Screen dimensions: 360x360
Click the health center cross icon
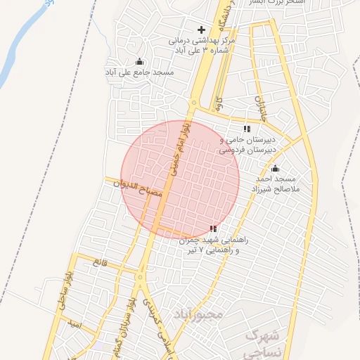pos(202,30)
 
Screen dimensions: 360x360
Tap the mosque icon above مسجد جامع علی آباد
pos(139,61)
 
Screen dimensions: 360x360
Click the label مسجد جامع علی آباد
pos(139,72)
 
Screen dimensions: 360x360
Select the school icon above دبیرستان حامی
pos(246,129)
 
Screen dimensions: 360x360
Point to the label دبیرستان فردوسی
pos(246,150)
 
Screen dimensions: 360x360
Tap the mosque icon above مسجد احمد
pos(275,169)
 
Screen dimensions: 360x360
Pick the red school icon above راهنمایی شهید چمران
pos(213,229)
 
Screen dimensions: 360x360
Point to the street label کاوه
pos(220,106)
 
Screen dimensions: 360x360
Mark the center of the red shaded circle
pos(181,179)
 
